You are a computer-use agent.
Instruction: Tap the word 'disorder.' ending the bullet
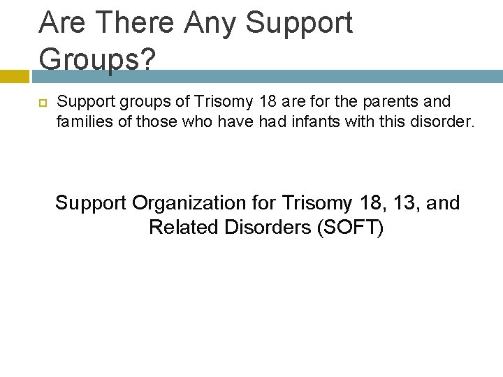[446, 123]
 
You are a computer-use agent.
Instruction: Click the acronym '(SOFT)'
[351, 227]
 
